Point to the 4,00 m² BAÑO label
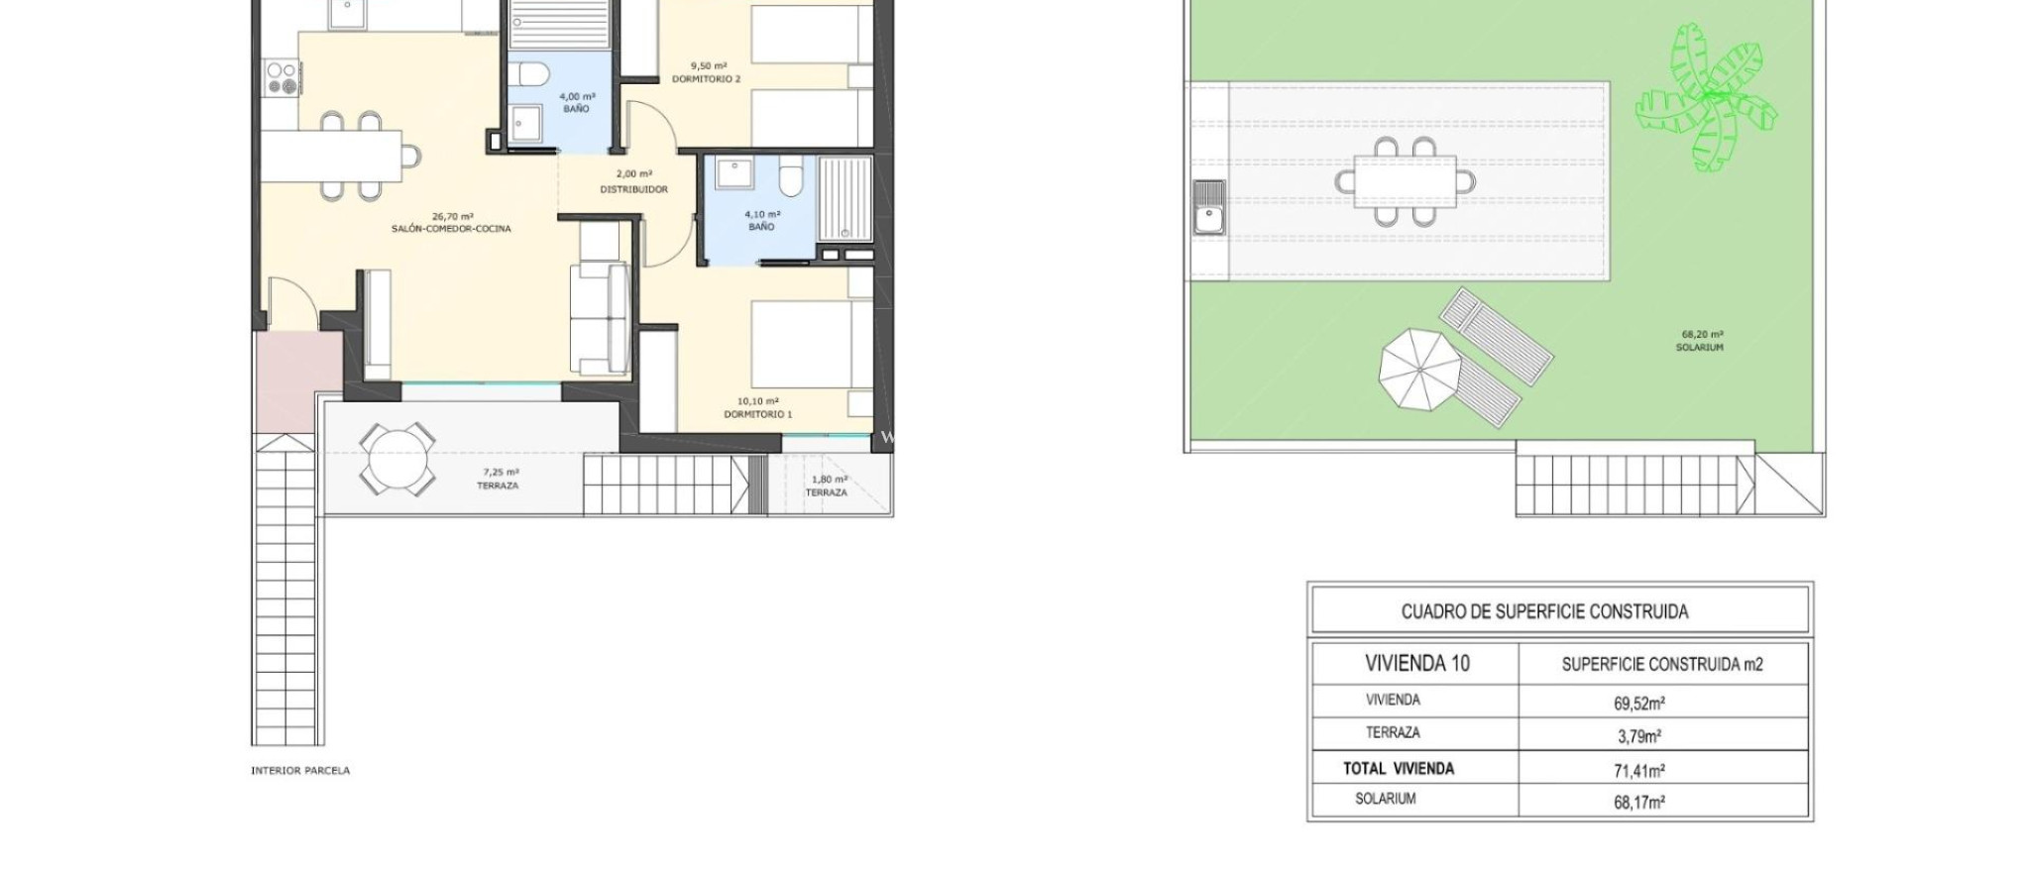pyautogui.click(x=576, y=103)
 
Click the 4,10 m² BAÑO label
pyautogui.click(x=761, y=220)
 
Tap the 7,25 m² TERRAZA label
pyautogui.click(x=498, y=480)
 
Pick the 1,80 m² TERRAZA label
pyautogui.click(x=827, y=487)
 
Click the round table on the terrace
pyautogui.click(x=397, y=459)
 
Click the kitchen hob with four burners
pyautogui.click(x=281, y=78)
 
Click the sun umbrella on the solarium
pyautogui.click(x=1419, y=370)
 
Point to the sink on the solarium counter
pyautogui.click(x=1208, y=207)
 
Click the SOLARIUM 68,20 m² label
pyautogui.click(x=1699, y=342)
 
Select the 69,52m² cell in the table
pyautogui.click(x=1638, y=704)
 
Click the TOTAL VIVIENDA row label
pyautogui.click(x=1398, y=768)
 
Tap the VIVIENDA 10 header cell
pyautogui.click(x=1416, y=663)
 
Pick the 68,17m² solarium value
pyautogui.click(x=1638, y=802)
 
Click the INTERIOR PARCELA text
pyautogui.click(x=300, y=770)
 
